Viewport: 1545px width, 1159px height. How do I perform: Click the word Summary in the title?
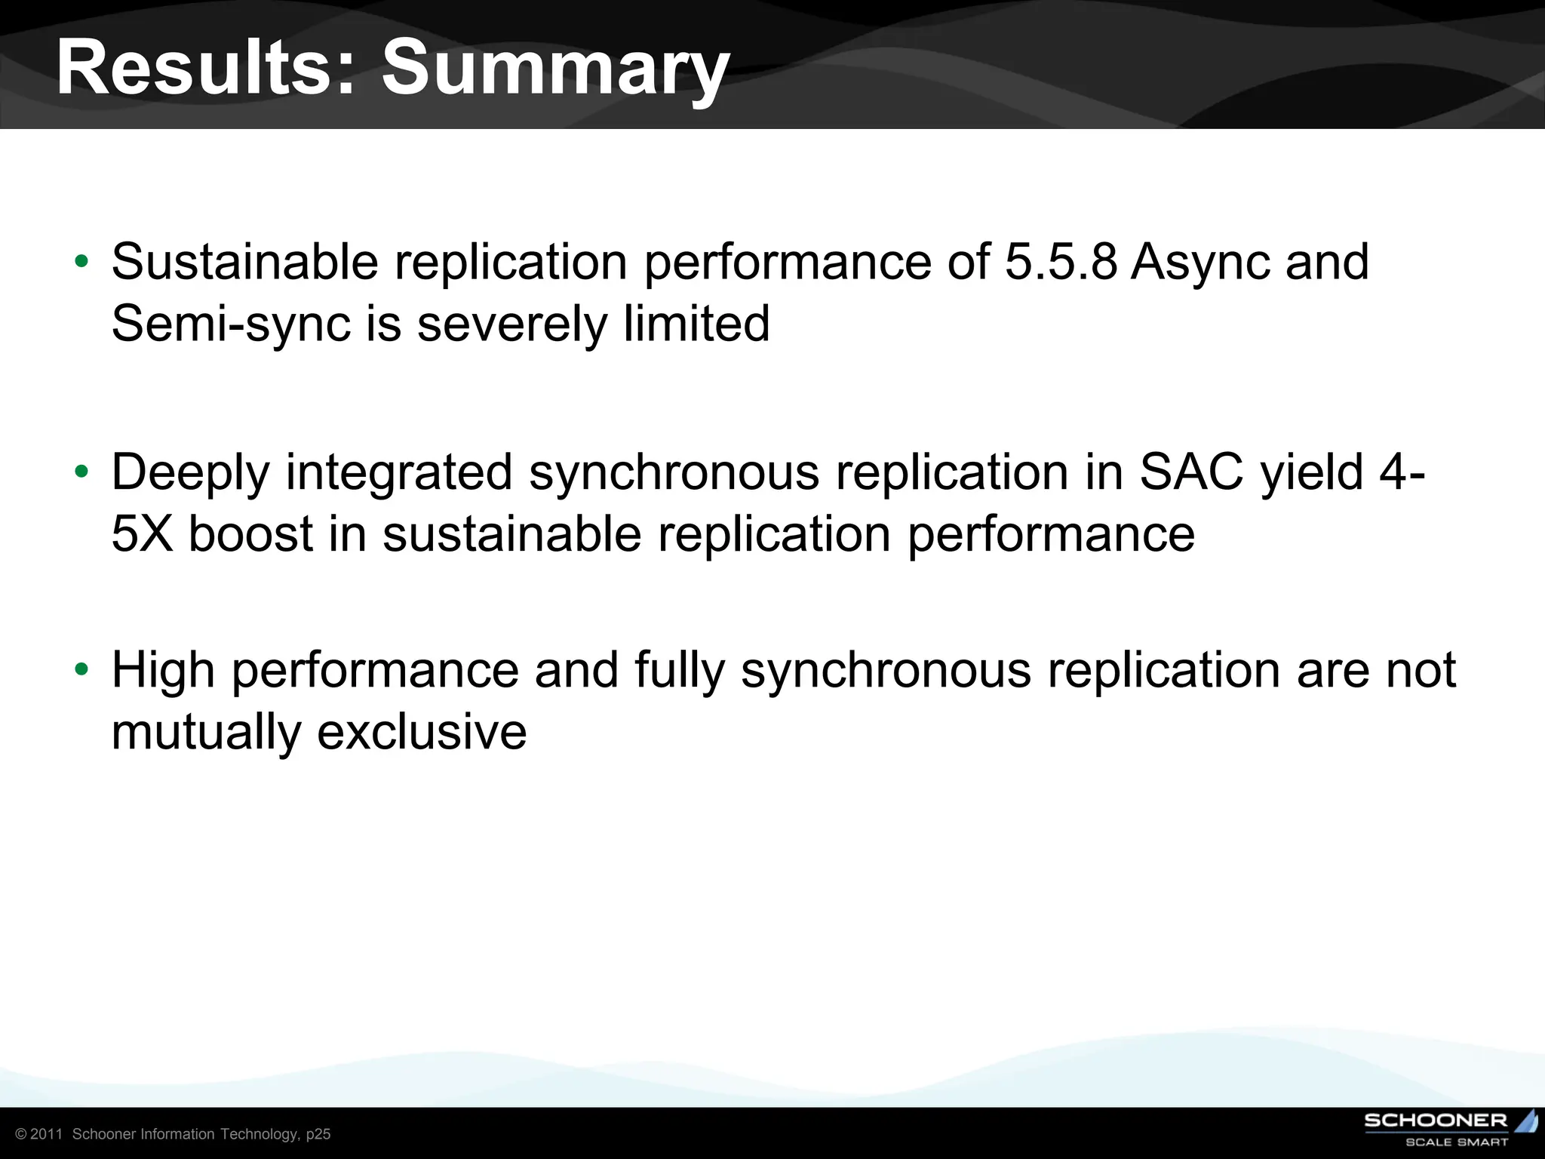tap(555, 69)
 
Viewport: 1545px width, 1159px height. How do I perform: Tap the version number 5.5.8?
tap(1061, 262)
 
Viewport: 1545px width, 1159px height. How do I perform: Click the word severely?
tap(512, 325)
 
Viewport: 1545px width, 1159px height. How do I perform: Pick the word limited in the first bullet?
tap(696, 324)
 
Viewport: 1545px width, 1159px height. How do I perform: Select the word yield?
tap(1312, 472)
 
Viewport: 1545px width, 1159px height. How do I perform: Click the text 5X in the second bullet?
tap(143, 534)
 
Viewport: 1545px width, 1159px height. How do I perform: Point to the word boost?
tap(250, 534)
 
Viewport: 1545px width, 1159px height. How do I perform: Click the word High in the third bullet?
tap(163, 671)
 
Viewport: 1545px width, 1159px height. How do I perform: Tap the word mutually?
tap(205, 733)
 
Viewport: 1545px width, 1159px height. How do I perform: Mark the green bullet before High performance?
tap(82, 670)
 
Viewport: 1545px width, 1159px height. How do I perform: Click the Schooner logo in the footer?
tap(1449, 1130)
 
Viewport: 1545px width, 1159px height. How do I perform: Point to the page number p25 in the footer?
tap(318, 1135)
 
